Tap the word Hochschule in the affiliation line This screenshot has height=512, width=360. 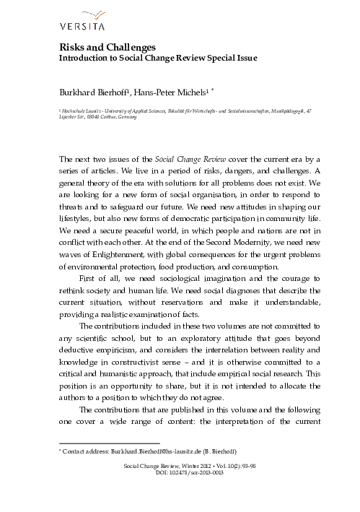pyautogui.click(x=76, y=108)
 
